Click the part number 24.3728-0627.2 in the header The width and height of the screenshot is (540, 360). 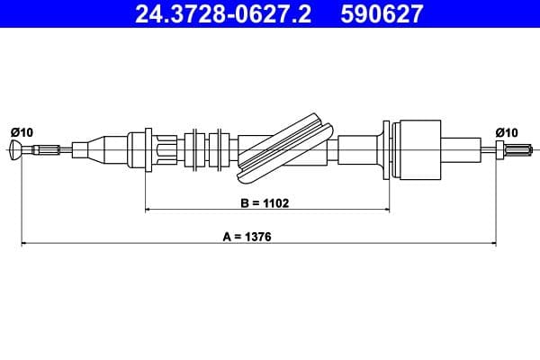[223, 13]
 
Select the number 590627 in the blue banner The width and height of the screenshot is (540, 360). [382, 13]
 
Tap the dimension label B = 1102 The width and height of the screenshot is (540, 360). [265, 203]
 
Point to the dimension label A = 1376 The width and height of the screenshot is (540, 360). [247, 237]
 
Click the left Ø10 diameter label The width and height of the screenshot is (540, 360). [22, 132]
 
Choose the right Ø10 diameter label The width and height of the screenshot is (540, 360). [506, 132]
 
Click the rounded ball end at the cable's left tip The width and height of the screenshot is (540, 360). [16, 150]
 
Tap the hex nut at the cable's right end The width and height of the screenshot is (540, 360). [499, 150]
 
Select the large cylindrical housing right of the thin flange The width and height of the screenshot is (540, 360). [419, 150]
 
